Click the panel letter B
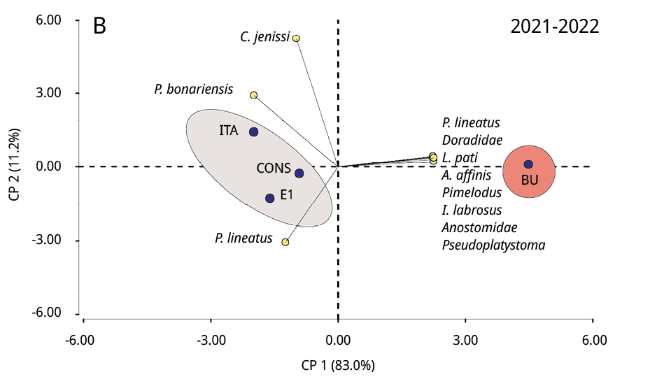[99, 27]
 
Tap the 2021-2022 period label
[554, 27]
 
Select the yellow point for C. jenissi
[296, 38]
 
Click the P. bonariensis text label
[194, 90]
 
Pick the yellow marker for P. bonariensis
[254, 95]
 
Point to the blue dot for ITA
[253, 131]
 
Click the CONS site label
[273, 168]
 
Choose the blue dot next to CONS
[299, 173]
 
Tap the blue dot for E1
[270, 198]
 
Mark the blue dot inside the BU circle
[528, 164]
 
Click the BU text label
[530, 180]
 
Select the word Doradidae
[472, 140]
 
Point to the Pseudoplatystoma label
[493, 245]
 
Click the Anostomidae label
[479, 227]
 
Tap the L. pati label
[460, 157]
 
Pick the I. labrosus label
[472, 210]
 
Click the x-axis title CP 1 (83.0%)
[339, 364]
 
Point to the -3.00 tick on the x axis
[211, 341]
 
